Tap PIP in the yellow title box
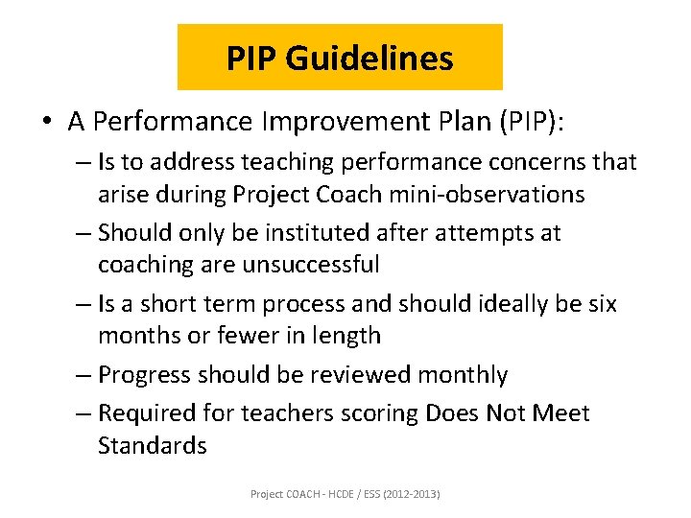pyautogui.click(x=252, y=59)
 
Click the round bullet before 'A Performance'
pyautogui.click(x=46, y=121)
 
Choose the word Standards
pyautogui.click(x=152, y=446)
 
